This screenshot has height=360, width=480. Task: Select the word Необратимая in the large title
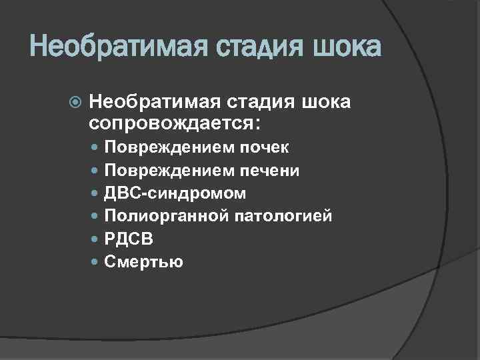111,47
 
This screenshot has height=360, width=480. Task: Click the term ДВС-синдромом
175,193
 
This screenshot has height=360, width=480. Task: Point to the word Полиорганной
165,216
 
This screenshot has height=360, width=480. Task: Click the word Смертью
143,261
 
